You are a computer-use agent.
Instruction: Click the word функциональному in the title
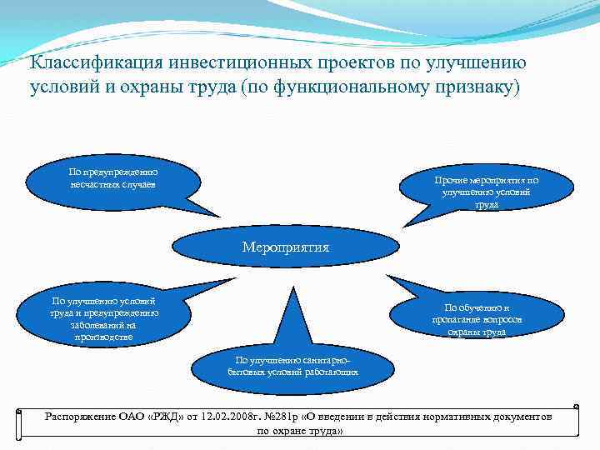click(343, 87)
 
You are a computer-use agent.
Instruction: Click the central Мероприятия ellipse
click(285, 247)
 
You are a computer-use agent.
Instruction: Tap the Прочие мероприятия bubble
click(487, 192)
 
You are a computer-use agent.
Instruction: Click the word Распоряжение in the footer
click(77, 416)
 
